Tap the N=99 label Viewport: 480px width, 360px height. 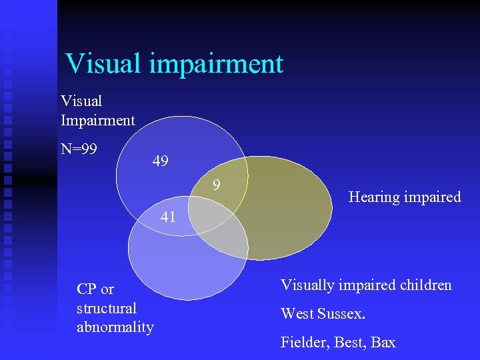(x=79, y=148)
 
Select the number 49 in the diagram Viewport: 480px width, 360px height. (x=160, y=161)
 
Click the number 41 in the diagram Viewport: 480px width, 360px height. (x=168, y=216)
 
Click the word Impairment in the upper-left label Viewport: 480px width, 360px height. (x=98, y=121)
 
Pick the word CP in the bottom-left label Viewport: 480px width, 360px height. (x=86, y=289)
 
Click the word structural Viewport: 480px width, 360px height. (x=107, y=308)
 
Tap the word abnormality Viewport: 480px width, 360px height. (x=115, y=327)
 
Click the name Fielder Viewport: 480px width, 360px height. (x=303, y=343)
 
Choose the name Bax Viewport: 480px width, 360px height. (x=383, y=343)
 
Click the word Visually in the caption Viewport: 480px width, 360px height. (x=307, y=285)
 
